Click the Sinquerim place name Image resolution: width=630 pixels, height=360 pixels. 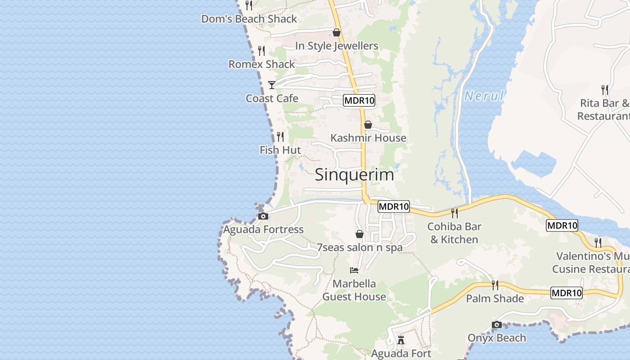(354, 175)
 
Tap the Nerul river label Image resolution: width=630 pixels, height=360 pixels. (484, 96)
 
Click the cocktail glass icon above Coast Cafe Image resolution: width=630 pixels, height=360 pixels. (272, 85)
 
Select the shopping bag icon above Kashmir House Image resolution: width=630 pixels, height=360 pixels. (368, 125)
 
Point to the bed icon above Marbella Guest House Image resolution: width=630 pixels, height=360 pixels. (354, 270)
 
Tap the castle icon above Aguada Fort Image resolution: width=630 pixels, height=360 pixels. (401, 339)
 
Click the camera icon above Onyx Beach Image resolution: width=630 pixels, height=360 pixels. (497, 324)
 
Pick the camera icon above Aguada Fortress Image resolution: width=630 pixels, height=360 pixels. (264, 216)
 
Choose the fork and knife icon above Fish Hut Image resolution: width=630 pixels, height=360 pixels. (280, 136)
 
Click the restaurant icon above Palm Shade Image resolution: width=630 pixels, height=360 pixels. (495, 285)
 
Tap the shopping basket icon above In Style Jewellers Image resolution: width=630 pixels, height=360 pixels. (336, 32)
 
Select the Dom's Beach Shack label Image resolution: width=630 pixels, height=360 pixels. (249, 19)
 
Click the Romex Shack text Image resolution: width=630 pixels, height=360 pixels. (261, 64)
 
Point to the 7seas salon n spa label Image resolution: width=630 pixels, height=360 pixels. (360, 247)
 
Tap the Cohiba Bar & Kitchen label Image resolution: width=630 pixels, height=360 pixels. (454, 233)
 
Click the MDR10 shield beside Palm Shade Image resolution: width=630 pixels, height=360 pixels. (567, 293)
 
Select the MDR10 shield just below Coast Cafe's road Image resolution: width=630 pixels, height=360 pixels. (359, 100)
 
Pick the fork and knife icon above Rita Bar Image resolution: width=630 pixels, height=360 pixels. (605, 90)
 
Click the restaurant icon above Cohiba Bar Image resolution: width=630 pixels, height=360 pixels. (454, 212)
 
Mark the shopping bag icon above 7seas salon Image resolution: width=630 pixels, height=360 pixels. (359, 234)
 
